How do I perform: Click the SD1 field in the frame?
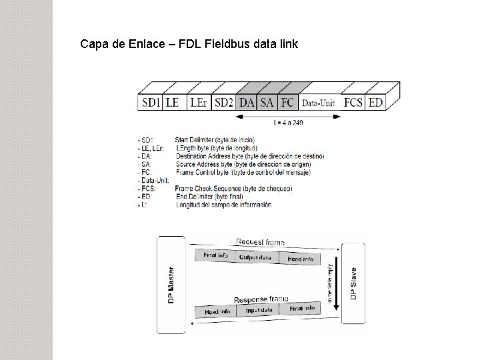coord(151,102)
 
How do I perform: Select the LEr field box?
coord(198,102)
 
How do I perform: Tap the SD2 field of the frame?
coord(224,102)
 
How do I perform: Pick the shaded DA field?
coord(247,102)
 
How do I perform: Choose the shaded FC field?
coord(287,102)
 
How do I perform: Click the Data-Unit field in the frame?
coord(319,103)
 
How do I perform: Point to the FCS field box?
coord(353,102)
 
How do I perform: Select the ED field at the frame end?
coord(375,102)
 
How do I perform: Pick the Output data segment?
coord(255,257)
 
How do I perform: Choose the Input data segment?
coord(259,309)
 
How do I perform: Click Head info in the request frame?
coord(299,259)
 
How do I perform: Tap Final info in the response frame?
coord(301,308)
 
